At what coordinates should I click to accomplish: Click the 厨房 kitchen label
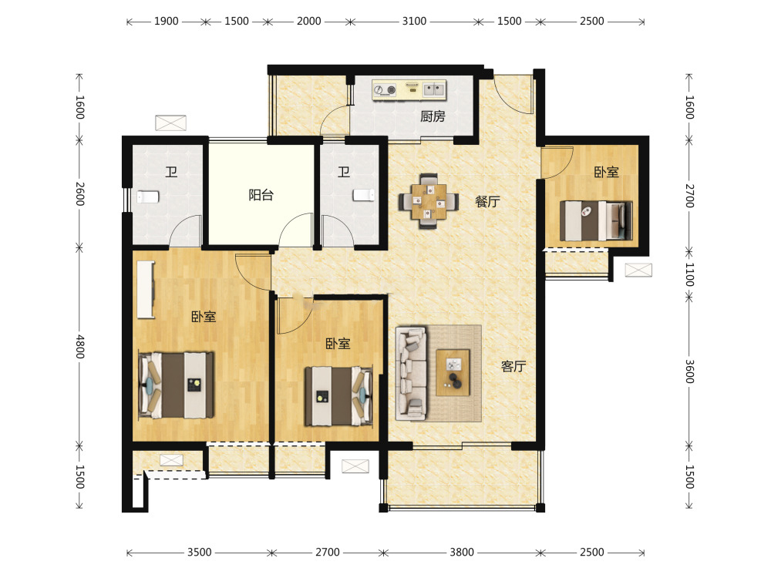tap(433, 116)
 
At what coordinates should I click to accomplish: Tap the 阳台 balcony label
tap(261, 195)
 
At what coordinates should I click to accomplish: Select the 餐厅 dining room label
tap(487, 201)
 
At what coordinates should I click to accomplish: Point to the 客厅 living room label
tap(513, 366)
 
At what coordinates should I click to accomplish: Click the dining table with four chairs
tap(428, 201)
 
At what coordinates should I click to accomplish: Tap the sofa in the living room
tap(411, 373)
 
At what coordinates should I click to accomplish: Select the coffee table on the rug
tap(453, 372)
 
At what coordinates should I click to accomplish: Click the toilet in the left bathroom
tap(148, 197)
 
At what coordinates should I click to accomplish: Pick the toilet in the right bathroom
tap(363, 195)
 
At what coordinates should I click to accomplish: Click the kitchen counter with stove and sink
tap(409, 90)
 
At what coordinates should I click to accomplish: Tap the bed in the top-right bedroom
tap(596, 220)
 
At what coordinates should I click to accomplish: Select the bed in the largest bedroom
tap(176, 385)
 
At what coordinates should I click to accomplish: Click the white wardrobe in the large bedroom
tap(146, 290)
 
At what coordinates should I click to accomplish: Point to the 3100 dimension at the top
tap(414, 21)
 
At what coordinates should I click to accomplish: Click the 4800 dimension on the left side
tap(79, 347)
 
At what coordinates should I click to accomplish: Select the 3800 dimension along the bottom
tap(462, 553)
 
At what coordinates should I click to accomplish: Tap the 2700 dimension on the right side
tap(689, 196)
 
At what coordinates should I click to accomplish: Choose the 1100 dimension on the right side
tap(689, 275)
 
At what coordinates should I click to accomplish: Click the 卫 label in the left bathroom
tap(171, 172)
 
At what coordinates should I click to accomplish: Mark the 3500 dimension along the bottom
tap(199, 553)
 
